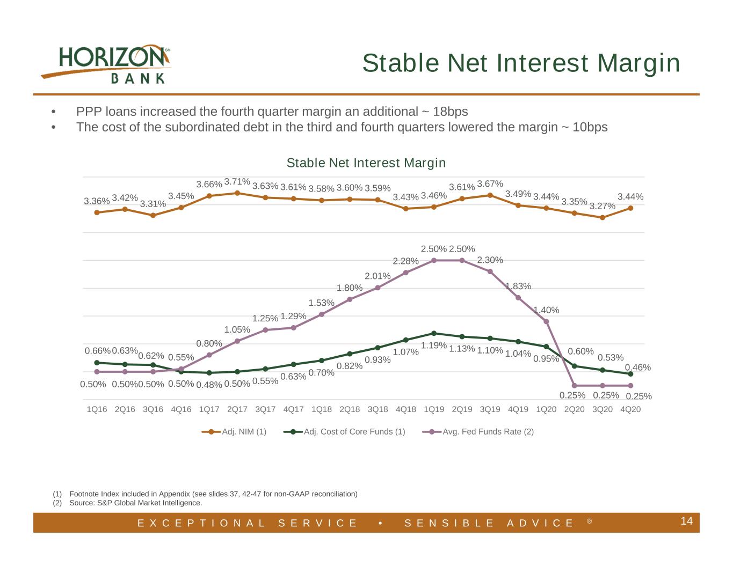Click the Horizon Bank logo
point(106,64)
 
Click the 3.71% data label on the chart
point(237,181)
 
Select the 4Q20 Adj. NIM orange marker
point(630,208)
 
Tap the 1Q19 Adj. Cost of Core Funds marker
point(434,333)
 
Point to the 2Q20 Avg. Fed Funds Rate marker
point(575,385)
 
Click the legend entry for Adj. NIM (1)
point(234,431)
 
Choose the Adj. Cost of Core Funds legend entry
point(344,431)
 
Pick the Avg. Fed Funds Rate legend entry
point(477,431)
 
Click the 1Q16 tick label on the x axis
point(97,409)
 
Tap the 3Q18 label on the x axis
point(378,409)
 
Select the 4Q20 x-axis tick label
point(630,409)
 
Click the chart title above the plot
point(366,163)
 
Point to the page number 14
point(686,521)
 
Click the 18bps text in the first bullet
point(451,112)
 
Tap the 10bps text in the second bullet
point(590,127)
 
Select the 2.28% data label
point(405,261)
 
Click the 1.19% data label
point(434,346)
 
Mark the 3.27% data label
point(603,206)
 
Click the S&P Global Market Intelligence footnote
point(136,503)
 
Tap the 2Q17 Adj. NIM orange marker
point(237,193)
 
